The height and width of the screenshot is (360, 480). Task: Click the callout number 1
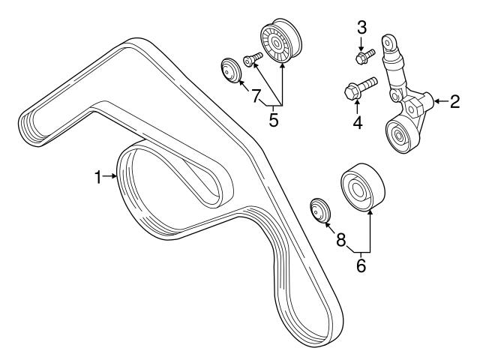(97, 177)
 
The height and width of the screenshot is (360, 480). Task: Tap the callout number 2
(454, 101)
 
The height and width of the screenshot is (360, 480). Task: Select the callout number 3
(362, 28)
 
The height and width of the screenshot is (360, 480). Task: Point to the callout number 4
(358, 121)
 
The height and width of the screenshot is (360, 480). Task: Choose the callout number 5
(273, 118)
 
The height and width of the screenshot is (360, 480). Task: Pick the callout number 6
(361, 265)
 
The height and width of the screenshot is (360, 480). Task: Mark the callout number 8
(340, 240)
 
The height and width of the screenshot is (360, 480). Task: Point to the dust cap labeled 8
(320, 209)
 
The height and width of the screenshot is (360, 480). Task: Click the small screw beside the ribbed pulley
(252, 58)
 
